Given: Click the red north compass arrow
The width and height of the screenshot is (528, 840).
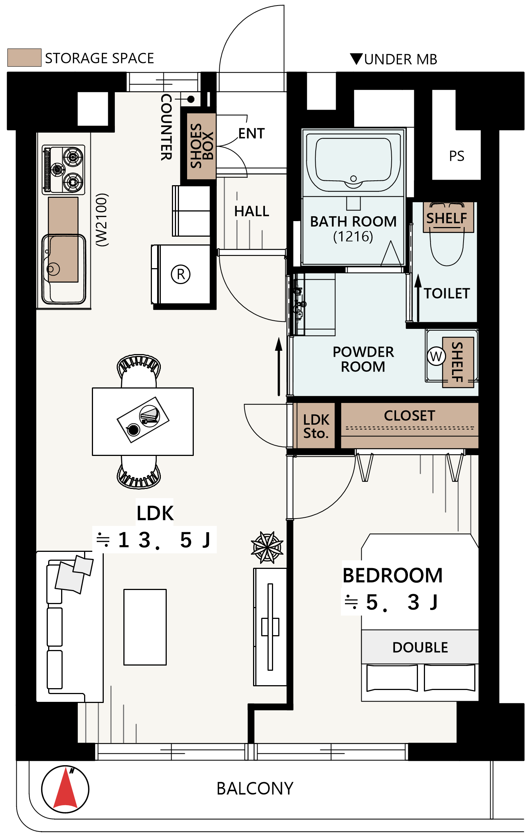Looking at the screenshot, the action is tap(65, 789).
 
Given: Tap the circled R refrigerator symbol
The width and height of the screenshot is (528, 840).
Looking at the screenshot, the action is tap(181, 274).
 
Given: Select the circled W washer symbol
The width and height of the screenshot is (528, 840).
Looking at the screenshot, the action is tap(436, 356).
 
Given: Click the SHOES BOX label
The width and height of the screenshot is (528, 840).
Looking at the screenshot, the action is tap(202, 146).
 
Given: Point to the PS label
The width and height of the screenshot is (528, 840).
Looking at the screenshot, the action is tap(456, 156).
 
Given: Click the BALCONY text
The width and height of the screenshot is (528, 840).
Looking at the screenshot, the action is tap(255, 789).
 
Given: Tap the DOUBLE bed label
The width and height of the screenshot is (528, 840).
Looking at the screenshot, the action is tap(420, 647).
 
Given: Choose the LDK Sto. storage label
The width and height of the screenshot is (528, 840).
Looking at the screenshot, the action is tap(316, 426).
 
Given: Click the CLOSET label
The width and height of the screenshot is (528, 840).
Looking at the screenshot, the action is tap(409, 416).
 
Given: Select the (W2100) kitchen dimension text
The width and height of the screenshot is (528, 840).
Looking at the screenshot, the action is tap(102, 220).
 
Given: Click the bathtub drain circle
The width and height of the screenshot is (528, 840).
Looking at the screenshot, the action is tap(353, 179).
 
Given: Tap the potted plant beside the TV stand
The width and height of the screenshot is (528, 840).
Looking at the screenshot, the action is tap(267, 547).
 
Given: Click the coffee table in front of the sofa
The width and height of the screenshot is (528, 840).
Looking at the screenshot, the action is tap(145, 627).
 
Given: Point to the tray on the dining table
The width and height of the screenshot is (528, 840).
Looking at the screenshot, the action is tap(143, 420).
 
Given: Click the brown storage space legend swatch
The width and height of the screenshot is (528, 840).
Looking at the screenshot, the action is tap(24, 57).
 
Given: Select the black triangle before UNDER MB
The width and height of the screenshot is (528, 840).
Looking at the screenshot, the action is tap(356, 59).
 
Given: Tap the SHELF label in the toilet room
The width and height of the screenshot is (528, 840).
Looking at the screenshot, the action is tap(446, 218).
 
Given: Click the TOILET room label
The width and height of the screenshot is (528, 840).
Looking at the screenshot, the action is tap(447, 293).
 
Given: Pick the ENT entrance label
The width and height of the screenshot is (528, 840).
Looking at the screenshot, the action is tap(252, 133).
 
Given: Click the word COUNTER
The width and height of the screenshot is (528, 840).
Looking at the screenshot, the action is tap(166, 127).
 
